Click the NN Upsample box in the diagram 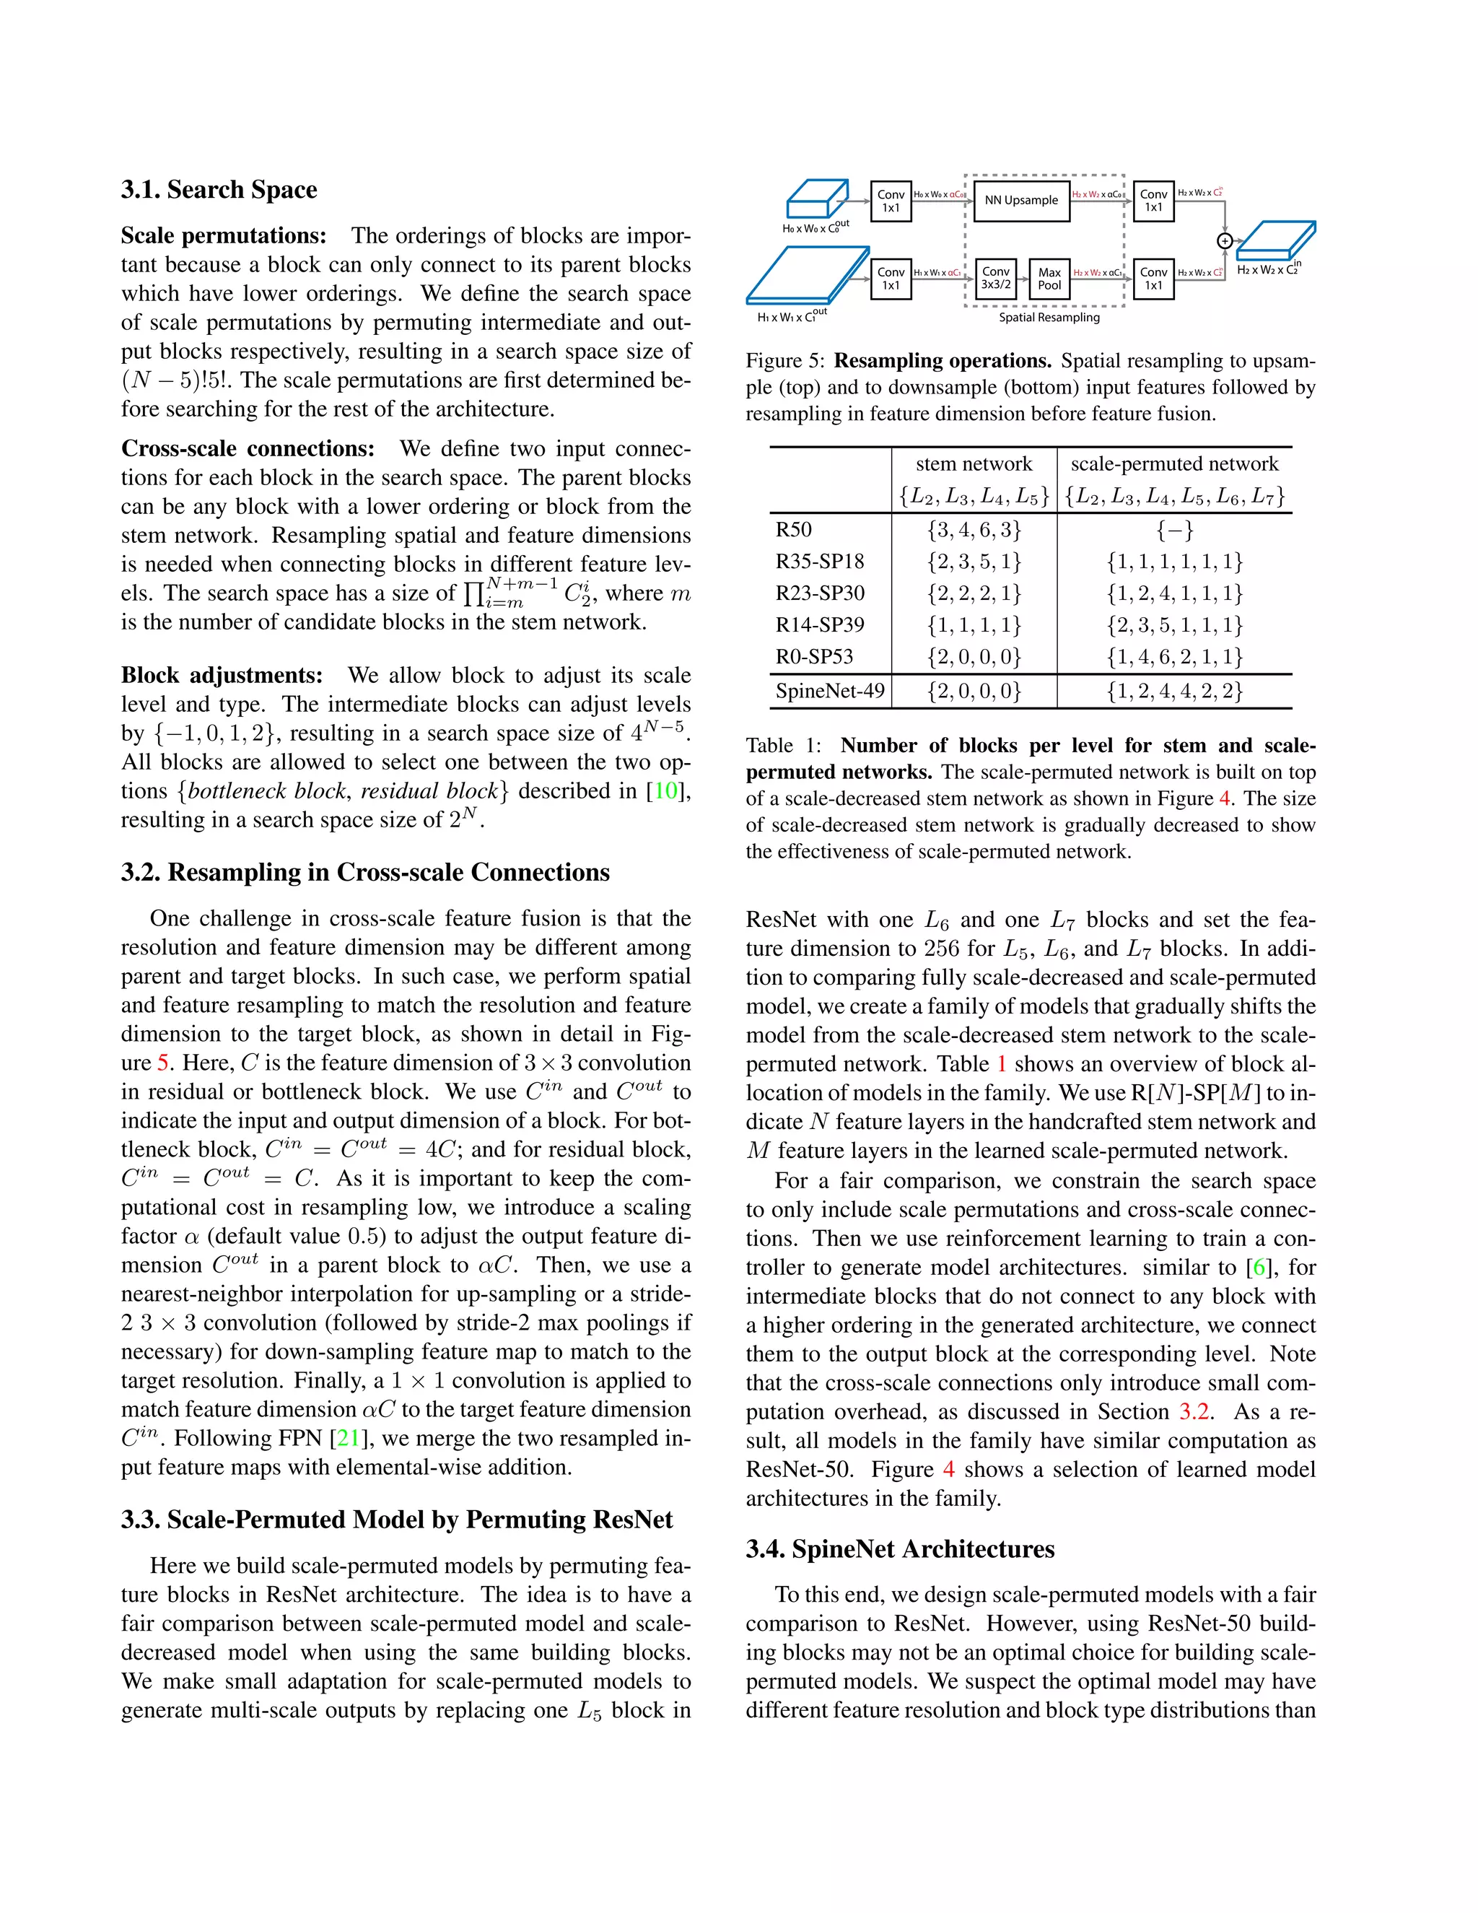point(1021,201)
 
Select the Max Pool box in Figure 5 point(1049,279)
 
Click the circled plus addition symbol point(1225,241)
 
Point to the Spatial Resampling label point(1049,318)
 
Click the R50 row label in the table point(793,530)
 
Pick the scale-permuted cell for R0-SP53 point(1174,657)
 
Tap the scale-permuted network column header point(1174,464)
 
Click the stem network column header point(974,464)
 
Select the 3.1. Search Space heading point(219,190)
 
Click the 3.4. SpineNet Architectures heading point(900,1549)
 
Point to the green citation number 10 point(665,791)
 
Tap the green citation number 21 point(349,1438)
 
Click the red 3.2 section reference point(1194,1412)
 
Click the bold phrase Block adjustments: point(222,676)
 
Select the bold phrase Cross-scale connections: point(248,448)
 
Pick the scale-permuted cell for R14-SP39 point(1174,625)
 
